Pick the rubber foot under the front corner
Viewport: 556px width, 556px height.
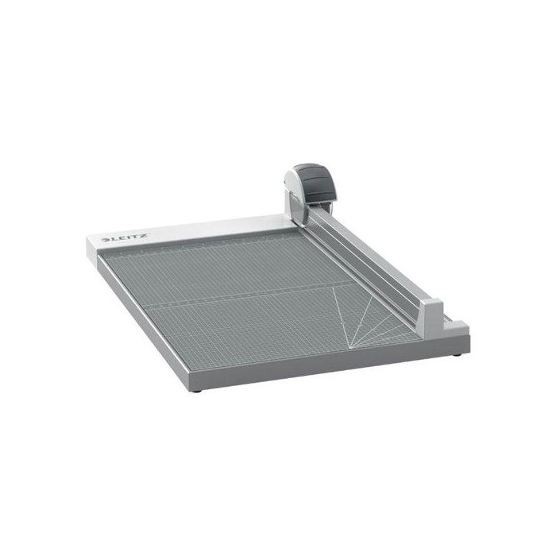[x=199, y=391]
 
